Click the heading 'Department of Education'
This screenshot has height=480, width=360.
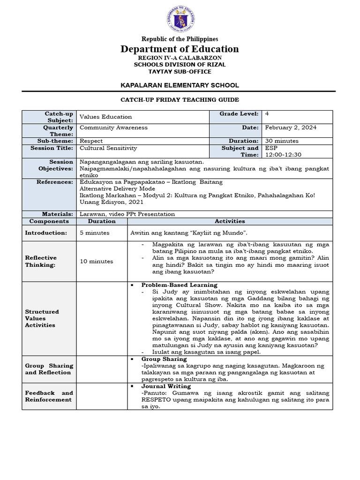point(180,49)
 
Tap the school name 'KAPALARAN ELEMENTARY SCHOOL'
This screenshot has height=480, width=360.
point(180,85)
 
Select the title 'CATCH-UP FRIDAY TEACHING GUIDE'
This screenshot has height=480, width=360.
point(180,100)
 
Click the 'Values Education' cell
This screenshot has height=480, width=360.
point(106,117)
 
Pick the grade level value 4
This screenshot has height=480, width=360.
point(267,114)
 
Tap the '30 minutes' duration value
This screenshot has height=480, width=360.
point(281,141)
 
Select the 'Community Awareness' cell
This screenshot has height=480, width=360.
point(114,127)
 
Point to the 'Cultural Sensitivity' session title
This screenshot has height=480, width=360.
point(108,148)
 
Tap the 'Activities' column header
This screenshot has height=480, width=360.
point(230,221)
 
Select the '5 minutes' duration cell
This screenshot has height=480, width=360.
point(95,232)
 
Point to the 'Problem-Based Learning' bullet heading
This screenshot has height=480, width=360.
point(180,285)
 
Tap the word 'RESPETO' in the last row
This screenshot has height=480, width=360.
point(144,400)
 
